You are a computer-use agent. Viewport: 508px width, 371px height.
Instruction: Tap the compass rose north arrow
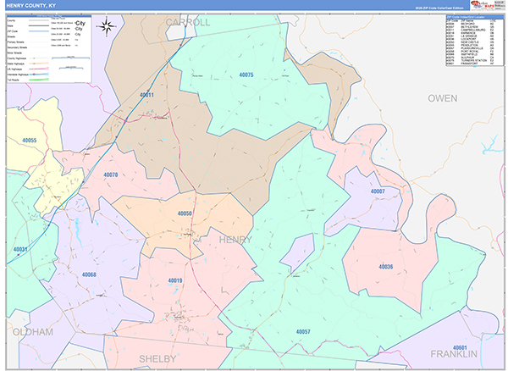tap(107, 26)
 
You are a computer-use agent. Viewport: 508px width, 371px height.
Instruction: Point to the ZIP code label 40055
tap(30, 140)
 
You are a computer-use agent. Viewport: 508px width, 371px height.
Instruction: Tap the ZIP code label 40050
tap(185, 213)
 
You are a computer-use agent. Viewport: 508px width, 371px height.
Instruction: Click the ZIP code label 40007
tap(378, 191)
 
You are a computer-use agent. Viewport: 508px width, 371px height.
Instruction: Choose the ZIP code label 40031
tap(20, 249)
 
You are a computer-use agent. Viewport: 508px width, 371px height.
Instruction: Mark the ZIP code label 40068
tap(89, 274)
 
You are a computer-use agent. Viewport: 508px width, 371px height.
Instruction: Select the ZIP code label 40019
tap(175, 280)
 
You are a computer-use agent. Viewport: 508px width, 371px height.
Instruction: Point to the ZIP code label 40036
tap(385, 267)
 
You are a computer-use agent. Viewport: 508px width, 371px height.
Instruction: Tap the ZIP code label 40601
tap(461, 347)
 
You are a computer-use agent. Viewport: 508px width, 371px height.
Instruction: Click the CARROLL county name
tap(187, 22)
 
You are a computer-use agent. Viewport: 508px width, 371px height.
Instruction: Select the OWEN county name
tap(442, 98)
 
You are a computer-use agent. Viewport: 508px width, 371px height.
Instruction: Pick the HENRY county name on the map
tap(235, 241)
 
